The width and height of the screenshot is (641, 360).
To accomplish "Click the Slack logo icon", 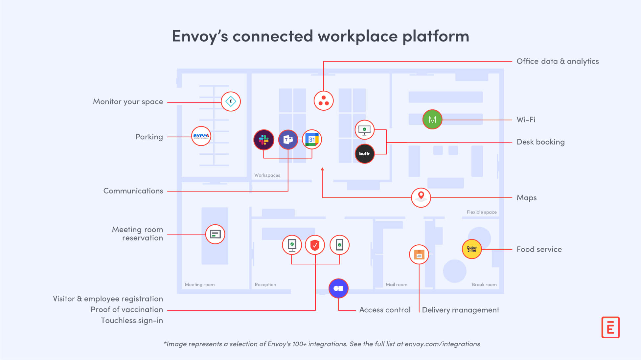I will (x=263, y=140).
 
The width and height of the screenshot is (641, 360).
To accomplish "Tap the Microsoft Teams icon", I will (x=288, y=140).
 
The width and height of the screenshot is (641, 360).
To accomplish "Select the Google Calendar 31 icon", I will (x=312, y=140).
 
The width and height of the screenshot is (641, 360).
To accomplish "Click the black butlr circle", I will (x=364, y=154).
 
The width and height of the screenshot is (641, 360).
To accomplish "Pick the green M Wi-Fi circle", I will (x=432, y=120).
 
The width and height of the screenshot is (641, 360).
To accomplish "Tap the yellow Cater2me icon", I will (x=471, y=249).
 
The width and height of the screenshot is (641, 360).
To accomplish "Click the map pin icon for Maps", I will (x=421, y=197).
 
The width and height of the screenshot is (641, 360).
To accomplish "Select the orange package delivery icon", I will (x=419, y=254).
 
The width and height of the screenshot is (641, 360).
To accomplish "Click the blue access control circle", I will (x=338, y=288).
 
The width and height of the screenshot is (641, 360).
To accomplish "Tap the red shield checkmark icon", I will (x=315, y=245).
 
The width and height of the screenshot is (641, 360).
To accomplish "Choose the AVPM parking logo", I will (x=201, y=136).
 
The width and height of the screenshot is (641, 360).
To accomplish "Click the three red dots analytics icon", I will (x=324, y=101).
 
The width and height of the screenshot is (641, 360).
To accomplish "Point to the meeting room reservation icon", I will (x=215, y=234).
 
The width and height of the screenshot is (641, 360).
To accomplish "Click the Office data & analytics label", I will (x=557, y=61).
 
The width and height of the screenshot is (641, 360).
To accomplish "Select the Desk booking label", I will (x=540, y=142).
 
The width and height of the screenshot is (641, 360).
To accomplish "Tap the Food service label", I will (x=539, y=249).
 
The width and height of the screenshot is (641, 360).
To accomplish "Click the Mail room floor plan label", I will (x=396, y=284).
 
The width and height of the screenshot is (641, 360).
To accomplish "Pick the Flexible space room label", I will (x=481, y=212).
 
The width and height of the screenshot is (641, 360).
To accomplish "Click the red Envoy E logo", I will (x=610, y=327).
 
